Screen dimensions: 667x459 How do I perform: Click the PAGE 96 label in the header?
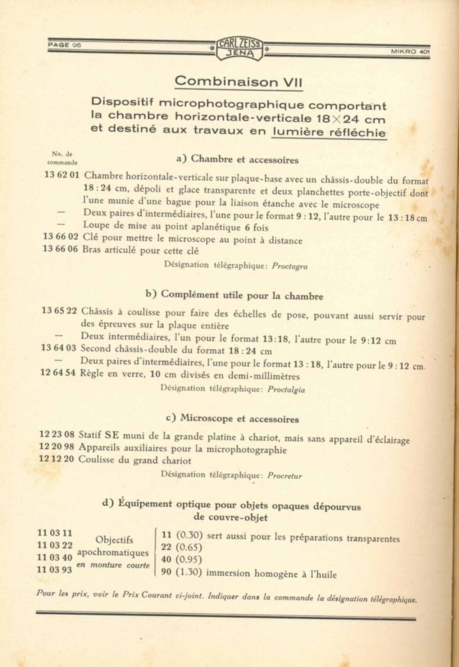click(x=64, y=45)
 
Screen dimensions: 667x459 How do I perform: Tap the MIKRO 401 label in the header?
click(x=410, y=51)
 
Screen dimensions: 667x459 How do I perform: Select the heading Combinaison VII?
click(x=238, y=82)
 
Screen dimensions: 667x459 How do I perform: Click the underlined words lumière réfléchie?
click(x=329, y=132)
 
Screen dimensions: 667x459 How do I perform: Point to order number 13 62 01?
click(x=62, y=175)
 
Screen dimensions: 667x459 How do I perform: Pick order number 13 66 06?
click(x=60, y=249)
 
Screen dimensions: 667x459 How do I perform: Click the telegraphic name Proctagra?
click(x=290, y=267)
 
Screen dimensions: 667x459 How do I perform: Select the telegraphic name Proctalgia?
click(x=286, y=389)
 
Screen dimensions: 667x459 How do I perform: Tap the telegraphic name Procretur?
click(x=285, y=476)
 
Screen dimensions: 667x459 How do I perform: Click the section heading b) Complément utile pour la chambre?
click(x=234, y=295)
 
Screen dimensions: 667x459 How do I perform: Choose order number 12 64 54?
click(x=58, y=373)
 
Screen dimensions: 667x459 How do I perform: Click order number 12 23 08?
click(x=57, y=434)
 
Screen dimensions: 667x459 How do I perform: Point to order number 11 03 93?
click(x=55, y=570)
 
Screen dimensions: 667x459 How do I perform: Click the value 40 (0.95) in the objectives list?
click(x=181, y=559)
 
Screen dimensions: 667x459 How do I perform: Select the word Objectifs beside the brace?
click(x=114, y=540)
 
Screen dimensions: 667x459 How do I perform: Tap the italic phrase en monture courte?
click(x=113, y=565)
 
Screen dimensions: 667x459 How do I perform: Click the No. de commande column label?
click(x=62, y=158)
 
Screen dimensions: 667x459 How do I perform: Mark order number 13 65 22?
click(x=59, y=310)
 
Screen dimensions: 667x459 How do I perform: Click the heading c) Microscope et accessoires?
click(x=232, y=418)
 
